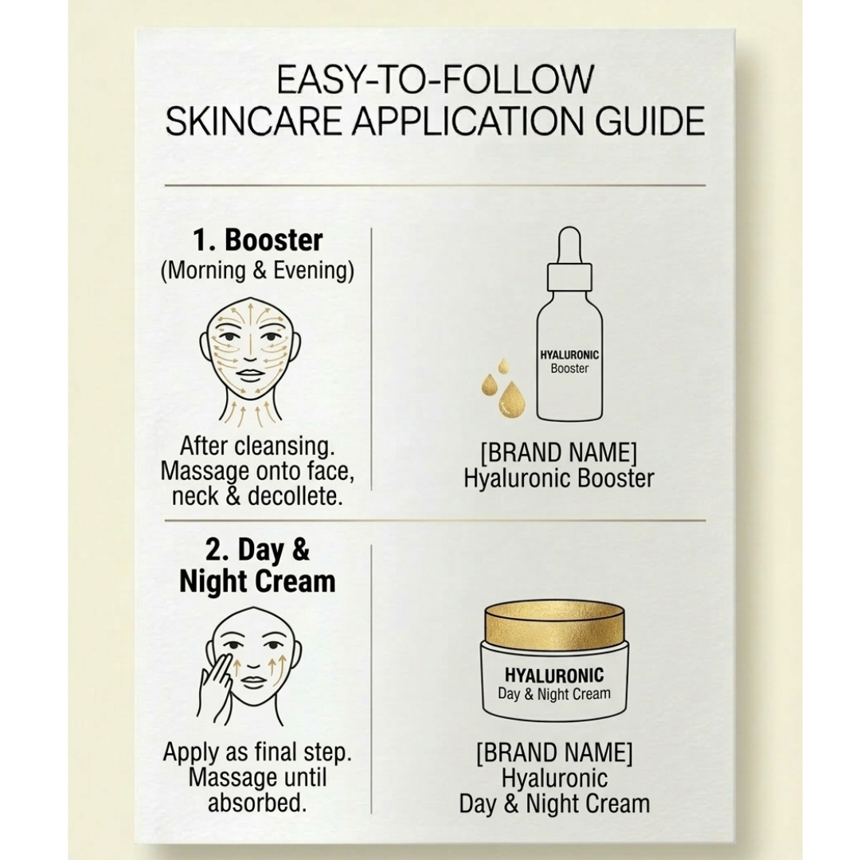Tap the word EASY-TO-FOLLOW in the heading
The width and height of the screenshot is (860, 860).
pos(435,79)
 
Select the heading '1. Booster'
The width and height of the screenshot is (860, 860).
pos(258,240)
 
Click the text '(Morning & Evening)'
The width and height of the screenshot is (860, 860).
pos(257,272)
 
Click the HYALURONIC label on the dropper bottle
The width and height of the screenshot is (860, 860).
pos(569,355)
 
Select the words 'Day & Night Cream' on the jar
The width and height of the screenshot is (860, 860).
pos(554,694)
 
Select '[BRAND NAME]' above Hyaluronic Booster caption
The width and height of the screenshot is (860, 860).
pos(558,453)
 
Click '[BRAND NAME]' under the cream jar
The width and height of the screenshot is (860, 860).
pos(554,752)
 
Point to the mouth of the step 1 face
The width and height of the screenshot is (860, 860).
pos(250,374)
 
